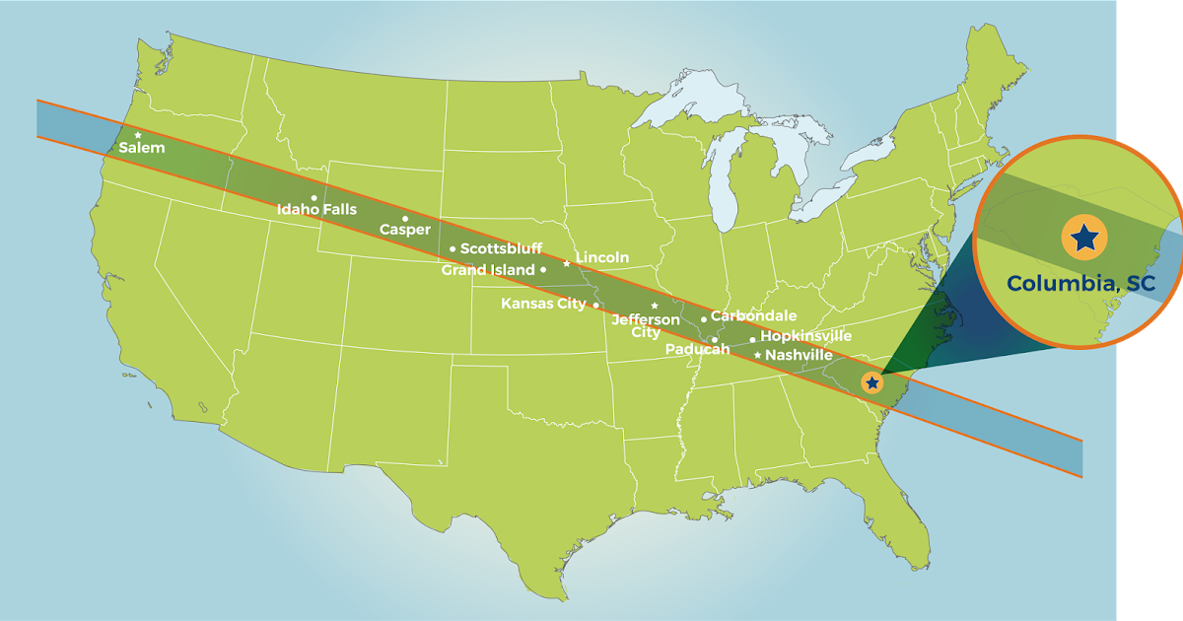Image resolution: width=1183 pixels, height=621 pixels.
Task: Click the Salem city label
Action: (142, 148)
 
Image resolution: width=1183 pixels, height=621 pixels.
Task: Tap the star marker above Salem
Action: (138, 134)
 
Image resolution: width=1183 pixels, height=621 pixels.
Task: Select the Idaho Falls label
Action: (316, 210)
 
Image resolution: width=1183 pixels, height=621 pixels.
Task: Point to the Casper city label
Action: (405, 230)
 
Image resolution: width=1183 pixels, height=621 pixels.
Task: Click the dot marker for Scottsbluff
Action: (452, 248)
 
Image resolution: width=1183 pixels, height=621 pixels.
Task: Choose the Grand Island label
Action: (487, 270)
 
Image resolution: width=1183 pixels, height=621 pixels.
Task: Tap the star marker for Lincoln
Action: (566, 263)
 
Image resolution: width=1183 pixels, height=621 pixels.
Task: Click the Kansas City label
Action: (543, 304)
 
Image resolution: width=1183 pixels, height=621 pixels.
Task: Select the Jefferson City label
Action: (646, 326)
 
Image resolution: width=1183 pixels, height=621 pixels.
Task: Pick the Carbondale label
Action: (753, 316)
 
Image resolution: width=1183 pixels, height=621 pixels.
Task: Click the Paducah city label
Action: (697, 350)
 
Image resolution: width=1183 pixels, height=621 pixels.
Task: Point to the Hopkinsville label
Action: (805, 337)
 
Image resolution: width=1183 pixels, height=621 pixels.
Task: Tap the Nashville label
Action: (799, 355)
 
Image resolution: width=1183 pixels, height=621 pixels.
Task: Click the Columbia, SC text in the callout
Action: (1080, 284)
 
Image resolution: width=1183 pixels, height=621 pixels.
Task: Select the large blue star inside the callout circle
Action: (1084, 238)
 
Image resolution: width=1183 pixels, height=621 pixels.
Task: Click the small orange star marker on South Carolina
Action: (871, 382)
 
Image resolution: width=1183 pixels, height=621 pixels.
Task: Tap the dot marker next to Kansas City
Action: (595, 306)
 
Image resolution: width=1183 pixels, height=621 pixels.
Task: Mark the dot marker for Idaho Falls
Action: (313, 197)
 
